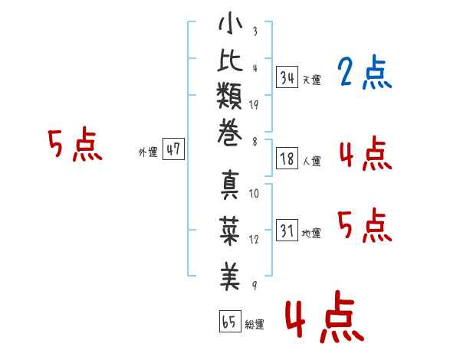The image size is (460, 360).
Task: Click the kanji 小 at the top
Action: pyautogui.click(x=230, y=23)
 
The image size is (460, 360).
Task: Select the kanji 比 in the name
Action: pyautogui.click(x=230, y=60)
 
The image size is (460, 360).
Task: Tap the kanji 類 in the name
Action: pyautogui.click(x=229, y=96)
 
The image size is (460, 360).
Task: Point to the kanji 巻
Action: pyautogui.click(x=229, y=133)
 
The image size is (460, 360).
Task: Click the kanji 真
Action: pyautogui.click(x=230, y=185)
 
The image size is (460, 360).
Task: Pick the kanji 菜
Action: pyautogui.click(x=230, y=231)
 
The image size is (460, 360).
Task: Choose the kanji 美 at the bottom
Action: pyautogui.click(x=230, y=277)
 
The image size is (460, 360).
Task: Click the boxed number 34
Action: pyautogui.click(x=287, y=77)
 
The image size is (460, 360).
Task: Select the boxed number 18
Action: pyautogui.click(x=287, y=159)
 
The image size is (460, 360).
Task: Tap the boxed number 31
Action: pyautogui.click(x=287, y=230)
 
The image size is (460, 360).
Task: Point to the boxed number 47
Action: pyautogui.click(x=173, y=149)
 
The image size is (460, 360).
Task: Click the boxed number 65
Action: pyautogui.click(x=230, y=321)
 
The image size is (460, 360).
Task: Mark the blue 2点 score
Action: pyautogui.click(x=364, y=71)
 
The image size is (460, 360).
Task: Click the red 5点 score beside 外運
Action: pyautogui.click(x=75, y=144)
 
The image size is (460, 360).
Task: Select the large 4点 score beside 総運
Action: pyautogui.click(x=324, y=316)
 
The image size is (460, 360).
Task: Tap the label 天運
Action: pyautogui.click(x=312, y=80)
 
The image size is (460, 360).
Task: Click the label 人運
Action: pyautogui.click(x=312, y=162)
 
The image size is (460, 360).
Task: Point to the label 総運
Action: pyautogui.click(x=255, y=324)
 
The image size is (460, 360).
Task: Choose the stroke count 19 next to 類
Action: pyautogui.click(x=254, y=105)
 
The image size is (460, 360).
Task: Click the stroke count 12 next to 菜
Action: pyautogui.click(x=254, y=239)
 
